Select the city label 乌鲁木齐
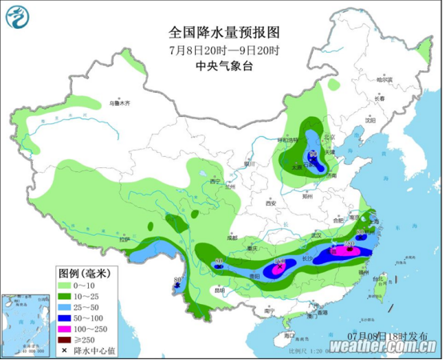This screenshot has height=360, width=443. pyautogui.click(x=119, y=103)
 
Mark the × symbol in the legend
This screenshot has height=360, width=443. pyautogui.click(x=65, y=350)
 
